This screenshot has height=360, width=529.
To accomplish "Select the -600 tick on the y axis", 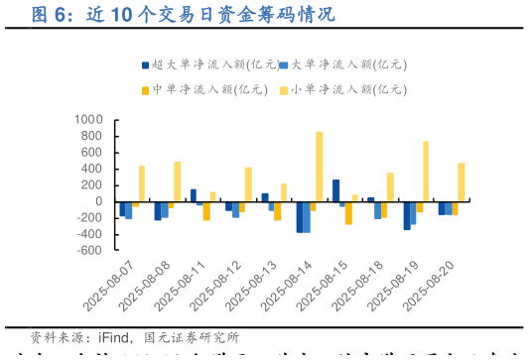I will (x=89, y=251).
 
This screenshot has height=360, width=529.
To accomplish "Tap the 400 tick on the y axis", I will (x=93, y=169).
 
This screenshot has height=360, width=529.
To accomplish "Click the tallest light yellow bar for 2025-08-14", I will (x=319, y=167).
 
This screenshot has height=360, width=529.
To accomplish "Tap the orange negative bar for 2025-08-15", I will (x=348, y=212).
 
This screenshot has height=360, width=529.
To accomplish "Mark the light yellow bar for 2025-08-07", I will (x=142, y=183).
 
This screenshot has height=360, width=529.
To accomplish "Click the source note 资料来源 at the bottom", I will (x=135, y=338).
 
